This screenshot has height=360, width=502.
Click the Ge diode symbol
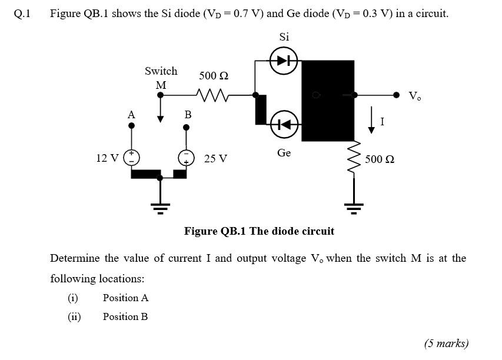pos(284,124)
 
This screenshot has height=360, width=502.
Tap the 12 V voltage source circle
pos(131,157)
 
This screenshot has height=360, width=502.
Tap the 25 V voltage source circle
pos(187,157)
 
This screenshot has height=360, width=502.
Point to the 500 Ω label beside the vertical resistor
pos(380,159)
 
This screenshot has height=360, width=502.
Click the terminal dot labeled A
pos(131,125)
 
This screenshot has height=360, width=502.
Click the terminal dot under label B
pos(187,125)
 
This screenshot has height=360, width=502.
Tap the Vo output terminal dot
pos(397,94)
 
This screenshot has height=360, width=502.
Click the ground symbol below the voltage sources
pos(160,206)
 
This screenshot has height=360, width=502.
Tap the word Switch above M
pos(161,71)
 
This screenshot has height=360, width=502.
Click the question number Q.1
pos(21,14)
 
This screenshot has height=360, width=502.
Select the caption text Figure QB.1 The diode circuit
pos(259,231)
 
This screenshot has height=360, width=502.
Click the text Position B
pos(125,316)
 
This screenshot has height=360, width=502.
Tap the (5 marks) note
pos(446,344)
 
